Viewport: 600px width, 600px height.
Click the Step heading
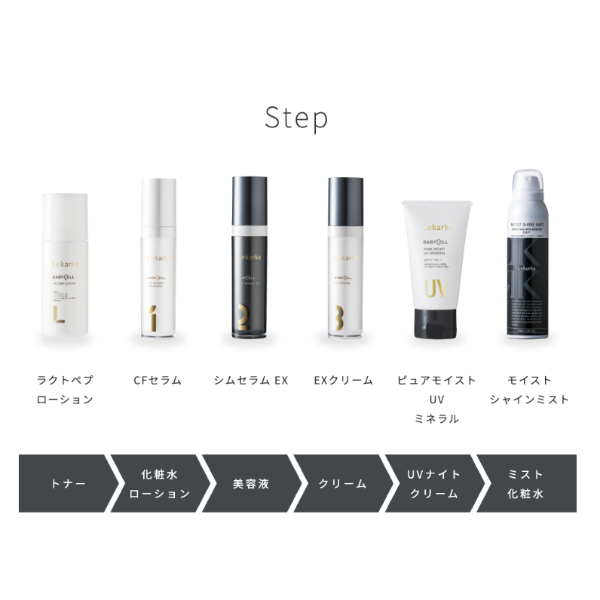point(296,118)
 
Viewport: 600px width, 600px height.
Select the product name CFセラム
point(158,381)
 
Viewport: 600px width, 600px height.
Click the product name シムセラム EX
point(251,381)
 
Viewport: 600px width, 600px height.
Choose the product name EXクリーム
point(344,381)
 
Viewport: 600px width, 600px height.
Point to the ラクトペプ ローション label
point(66,390)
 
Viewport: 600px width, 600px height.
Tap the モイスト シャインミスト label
point(530,390)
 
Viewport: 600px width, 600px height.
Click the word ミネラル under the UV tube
point(437,418)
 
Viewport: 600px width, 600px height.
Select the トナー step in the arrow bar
point(64,484)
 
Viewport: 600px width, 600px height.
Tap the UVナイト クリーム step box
point(433,484)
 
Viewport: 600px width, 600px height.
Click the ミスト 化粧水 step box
point(526,484)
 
